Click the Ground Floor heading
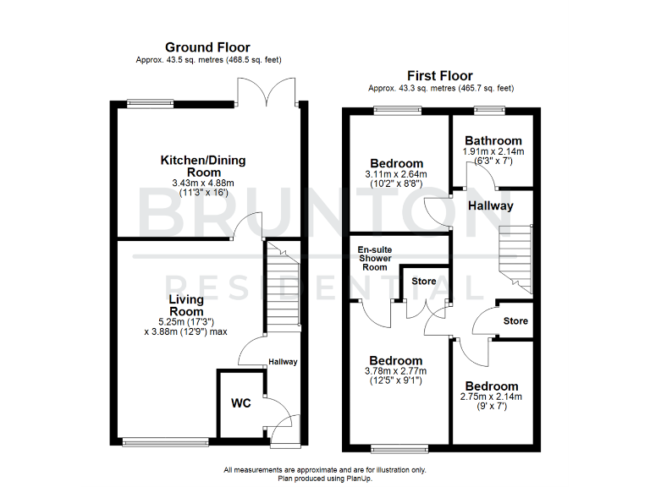[x=207, y=47]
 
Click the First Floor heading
[x=440, y=76]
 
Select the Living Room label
[x=185, y=305]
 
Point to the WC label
[x=240, y=402]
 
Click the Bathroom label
[x=493, y=140]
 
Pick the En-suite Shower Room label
[x=372, y=258]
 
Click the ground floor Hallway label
[x=283, y=362]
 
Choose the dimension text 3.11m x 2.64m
[x=396, y=174]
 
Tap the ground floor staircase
[x=282, y=287]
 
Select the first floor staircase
[x=514, y=258]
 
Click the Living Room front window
[x=166, y=441]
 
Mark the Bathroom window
[x=489, y=109]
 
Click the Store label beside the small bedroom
[x=515, y=321]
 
